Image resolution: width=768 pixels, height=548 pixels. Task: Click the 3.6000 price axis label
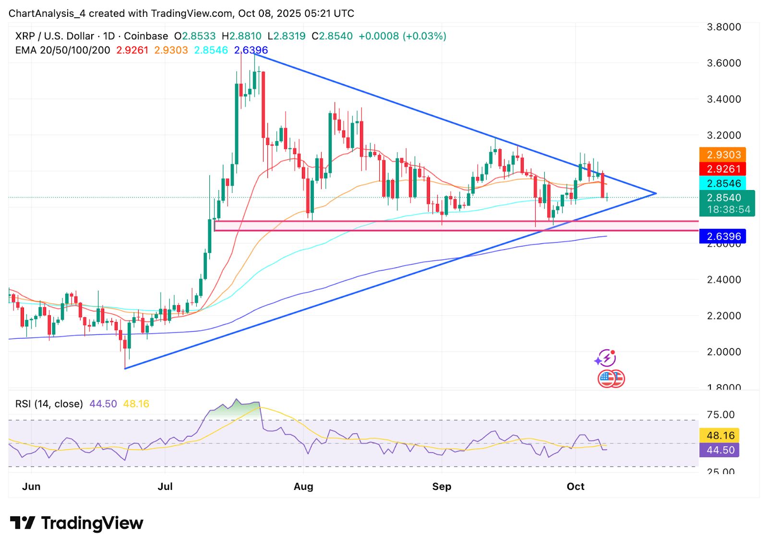coord(724,63)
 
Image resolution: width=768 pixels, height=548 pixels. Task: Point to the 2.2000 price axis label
coord(724,316)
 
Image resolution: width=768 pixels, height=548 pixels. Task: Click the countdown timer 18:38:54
coord(728,210)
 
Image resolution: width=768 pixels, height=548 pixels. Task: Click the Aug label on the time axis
coord(303,487)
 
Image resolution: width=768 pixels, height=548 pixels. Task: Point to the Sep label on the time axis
coord(442,487)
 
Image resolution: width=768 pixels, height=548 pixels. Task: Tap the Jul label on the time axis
coord(165,487)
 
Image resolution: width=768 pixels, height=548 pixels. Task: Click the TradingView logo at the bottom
coord(77,523)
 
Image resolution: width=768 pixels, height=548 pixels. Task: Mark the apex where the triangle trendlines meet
coord(656,193)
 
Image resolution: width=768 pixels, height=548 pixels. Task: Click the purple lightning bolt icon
coord(606,358)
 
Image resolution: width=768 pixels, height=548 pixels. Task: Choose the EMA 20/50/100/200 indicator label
coord(62,50)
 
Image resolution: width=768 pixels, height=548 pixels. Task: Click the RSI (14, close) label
coord(49,404)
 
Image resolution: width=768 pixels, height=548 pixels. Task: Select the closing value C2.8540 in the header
coord(332,36)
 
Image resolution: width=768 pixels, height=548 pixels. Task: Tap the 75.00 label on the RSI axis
coord(720,415)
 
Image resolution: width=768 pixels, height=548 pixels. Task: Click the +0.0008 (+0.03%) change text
coord(402,36)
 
